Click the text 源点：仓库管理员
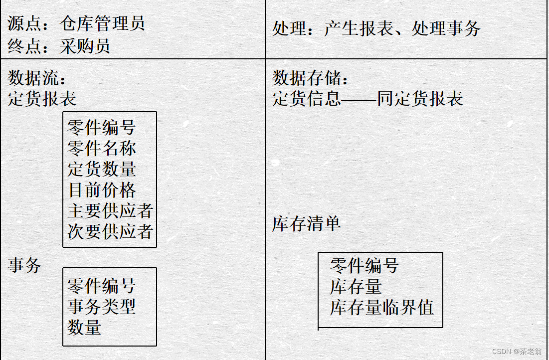[x=76, y=24]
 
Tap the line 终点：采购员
[x=59, y=46]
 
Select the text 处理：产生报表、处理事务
[x=376, y=28]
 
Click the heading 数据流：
[x=38, y=78]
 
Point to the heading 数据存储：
[x=311, y=78]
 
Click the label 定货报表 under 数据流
[x=42, y=99]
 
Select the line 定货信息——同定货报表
[x=367, y=99]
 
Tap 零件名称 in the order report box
[x=102, y=149]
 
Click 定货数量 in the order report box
[x=102, y=170]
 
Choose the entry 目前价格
[x=102, y=190]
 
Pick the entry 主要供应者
[x=110, y=211]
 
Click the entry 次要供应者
[x=110, y=231]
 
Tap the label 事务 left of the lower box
[x=24, y=265]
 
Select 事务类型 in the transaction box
[x=102, y=307]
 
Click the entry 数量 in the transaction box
[x=85, y=328]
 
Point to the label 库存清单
[x=307, y=223]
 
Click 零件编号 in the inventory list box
[x=365, y=266]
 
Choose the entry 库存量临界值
[x=381, y=307]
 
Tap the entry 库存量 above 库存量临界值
[x=356, y=287]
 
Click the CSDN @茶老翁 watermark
[x=516, y=352]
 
